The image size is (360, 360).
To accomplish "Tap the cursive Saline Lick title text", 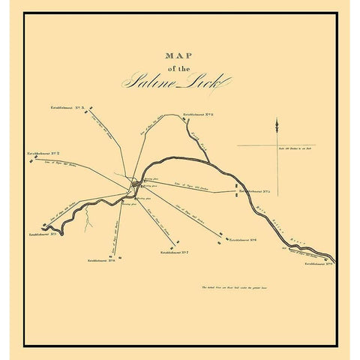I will (x=168, y=82).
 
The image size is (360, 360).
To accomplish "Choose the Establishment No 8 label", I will (x=101, y=260).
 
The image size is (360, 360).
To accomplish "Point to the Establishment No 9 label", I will (x=318, y=263).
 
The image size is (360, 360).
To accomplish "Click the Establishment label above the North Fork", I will (x=199, y=115).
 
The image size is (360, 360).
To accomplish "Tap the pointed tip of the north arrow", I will (x=277, y=118).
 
